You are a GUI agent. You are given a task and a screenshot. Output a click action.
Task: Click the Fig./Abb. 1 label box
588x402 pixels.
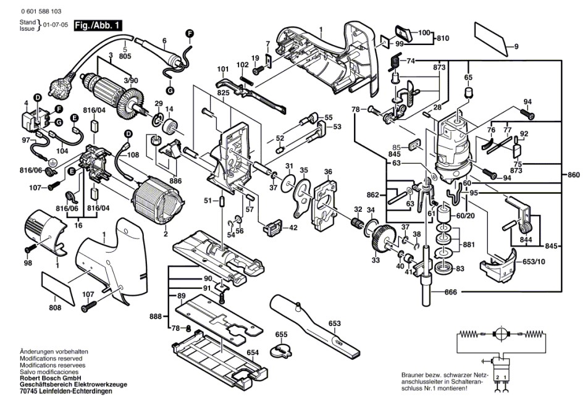(x=98, y=25)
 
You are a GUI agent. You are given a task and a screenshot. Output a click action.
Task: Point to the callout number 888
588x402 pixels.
(x=157, y=316)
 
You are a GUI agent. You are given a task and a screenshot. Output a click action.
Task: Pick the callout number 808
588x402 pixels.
(x=55, y=307)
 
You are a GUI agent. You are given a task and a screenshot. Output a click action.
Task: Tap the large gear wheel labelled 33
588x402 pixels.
(x=384, y=238)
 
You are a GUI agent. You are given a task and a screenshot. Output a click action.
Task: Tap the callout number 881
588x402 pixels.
(x=469, y=244)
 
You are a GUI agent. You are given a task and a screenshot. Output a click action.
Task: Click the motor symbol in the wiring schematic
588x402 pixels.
(x=500, y=333)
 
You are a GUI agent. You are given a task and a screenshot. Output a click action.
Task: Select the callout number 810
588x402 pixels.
(x=442, y=38)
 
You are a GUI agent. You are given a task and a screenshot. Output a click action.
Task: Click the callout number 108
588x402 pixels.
(x=133, y=156)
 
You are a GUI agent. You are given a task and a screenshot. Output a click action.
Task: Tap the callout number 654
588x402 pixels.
(x=252, y=352)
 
